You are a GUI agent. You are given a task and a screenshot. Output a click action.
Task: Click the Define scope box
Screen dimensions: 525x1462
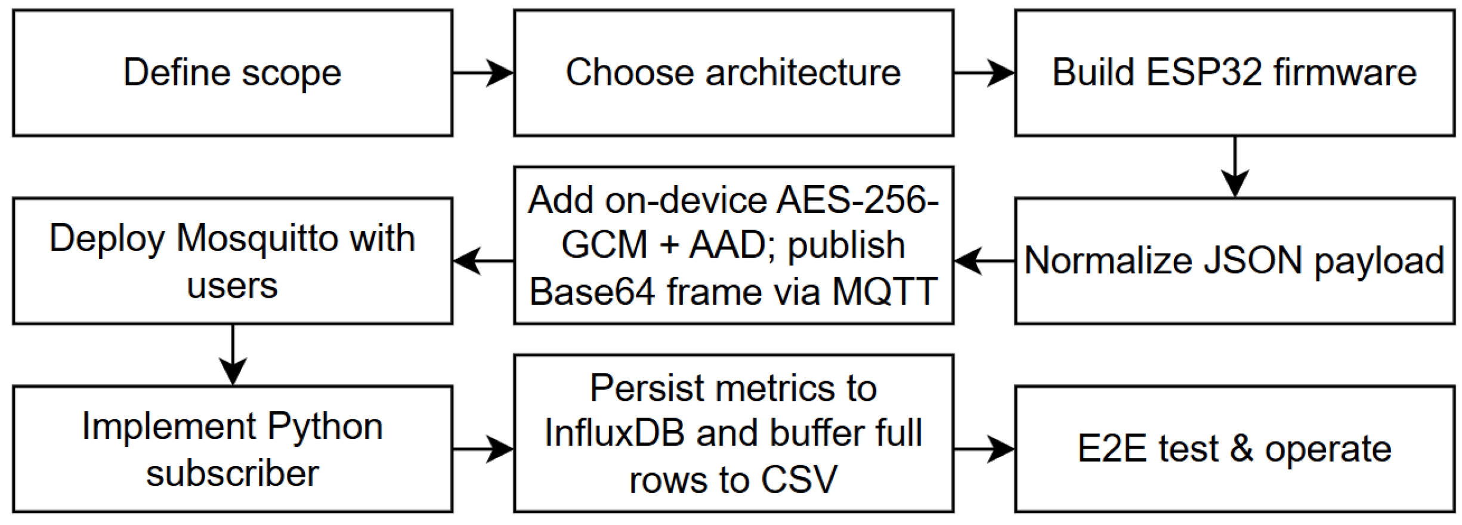(x=232, y=73)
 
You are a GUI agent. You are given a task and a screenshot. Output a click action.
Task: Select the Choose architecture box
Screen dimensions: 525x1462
(x=733, y=73)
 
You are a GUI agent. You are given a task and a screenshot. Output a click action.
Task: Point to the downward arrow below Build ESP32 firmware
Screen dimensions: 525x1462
(x=1235, y=167)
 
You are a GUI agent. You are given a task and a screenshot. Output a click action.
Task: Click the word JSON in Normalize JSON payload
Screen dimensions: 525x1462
(x=1253, y=261)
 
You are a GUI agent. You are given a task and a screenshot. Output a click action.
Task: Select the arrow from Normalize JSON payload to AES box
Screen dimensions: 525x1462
(x=984, y=261)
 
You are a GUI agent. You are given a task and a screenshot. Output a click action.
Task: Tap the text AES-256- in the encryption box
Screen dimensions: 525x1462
(x=858, y=200)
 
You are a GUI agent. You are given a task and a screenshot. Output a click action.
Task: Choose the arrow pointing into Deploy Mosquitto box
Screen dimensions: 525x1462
(x=483, y=261)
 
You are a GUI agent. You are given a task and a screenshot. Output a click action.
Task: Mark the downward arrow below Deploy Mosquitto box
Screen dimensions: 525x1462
(x=233, y=355)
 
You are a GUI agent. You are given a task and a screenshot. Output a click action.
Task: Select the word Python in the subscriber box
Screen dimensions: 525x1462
(x=324, y=427)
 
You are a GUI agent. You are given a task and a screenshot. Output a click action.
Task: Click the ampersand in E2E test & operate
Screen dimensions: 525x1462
(x=1241, y=449)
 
